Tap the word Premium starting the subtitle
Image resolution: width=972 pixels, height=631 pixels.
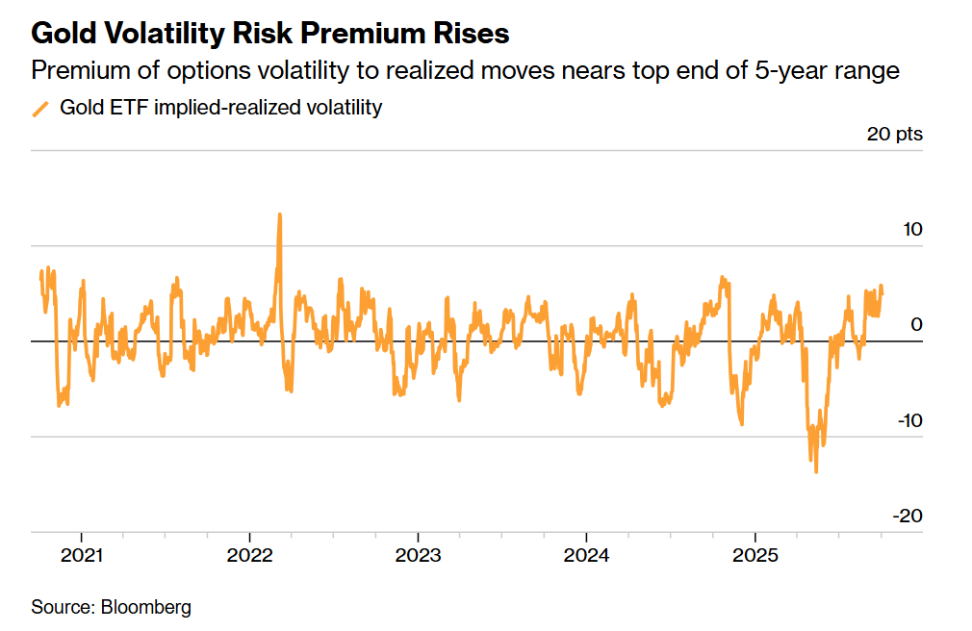point(73,71)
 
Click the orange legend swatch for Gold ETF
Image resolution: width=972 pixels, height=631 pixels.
point(40,109)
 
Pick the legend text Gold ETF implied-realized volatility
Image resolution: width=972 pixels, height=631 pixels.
point(220,108)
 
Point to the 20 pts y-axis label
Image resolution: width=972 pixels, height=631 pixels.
point(894,134)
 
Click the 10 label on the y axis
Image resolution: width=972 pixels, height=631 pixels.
point(910,230)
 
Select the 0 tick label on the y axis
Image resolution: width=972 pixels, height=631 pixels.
point(917,324)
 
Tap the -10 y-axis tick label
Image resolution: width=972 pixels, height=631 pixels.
point(908,420)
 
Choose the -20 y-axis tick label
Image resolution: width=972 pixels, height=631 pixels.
point(908,516)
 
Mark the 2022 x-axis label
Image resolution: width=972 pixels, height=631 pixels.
point(249,556)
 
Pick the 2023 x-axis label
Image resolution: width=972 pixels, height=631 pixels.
point(418,556)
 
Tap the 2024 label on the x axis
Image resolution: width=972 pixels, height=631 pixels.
point(586,556)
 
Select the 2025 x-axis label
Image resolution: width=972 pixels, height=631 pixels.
point(755,556)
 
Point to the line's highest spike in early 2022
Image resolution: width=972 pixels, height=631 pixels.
point(279,215)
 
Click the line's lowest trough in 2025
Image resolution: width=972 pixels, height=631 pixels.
point(816,471)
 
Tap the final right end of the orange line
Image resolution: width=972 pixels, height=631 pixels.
point(882,290)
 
